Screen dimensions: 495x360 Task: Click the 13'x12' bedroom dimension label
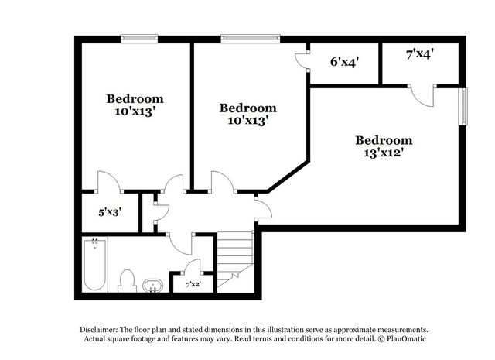click(x=384, y=153)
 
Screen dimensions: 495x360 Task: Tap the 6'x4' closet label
click(x=344, y=62)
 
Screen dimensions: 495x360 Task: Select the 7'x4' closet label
click(x=419, y=54)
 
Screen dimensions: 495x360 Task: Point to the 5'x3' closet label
click(x=110, y=212)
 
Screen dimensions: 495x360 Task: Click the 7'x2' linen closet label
click(x=193, y=284)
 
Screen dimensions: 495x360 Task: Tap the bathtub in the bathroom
click(x=94, y=265)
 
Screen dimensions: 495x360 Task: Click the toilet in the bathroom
click(x=127, y=281)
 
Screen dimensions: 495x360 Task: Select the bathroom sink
click(x=152, y=286)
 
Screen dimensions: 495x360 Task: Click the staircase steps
click(x=235, y=259)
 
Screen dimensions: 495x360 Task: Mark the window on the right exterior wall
click(x=463, y=106)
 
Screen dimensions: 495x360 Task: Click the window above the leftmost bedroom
click(x=139, y=39)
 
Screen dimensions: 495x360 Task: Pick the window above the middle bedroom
click(x=251, y=39)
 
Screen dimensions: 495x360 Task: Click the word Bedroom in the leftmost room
click(x=135, y=99)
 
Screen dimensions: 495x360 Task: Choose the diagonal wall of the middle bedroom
click(x=288, y=177)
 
